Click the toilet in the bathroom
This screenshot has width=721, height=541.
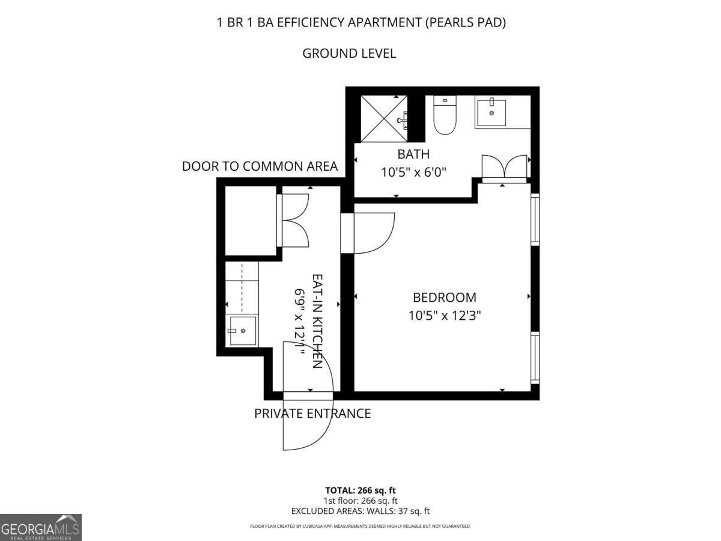(445, 115)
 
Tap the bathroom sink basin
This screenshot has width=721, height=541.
(491, 113)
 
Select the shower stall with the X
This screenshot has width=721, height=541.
(384, 118)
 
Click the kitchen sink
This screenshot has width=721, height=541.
(243, 331)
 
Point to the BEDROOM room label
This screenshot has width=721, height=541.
(445, 298)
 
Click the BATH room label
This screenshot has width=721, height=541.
(413, 154)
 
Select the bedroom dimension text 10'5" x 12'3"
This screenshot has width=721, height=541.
(445, 316)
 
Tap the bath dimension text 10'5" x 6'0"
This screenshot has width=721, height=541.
(413, 172)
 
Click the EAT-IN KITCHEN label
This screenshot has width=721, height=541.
(317, 321)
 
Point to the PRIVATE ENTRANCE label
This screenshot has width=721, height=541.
(312, 414)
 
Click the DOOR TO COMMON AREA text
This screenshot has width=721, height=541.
(260, 167)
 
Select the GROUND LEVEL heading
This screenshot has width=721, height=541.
(349, 53)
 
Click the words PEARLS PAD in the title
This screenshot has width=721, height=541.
(466, 22)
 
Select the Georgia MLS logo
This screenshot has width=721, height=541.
(41, 528)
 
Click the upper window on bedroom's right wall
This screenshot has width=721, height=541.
(535, 219)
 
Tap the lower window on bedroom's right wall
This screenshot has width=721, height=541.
(535, 358)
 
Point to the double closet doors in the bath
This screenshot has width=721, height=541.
(504, 168)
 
